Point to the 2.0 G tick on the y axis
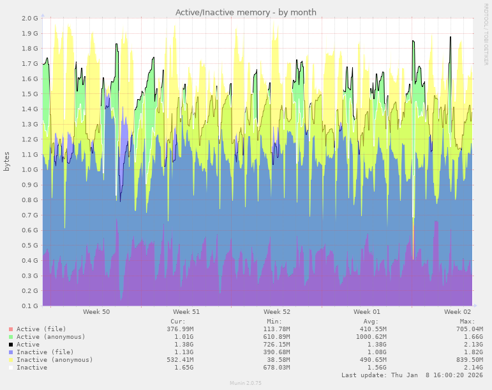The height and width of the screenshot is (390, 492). [x=30, y=18]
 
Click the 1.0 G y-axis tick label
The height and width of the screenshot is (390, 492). [x=30, y=169]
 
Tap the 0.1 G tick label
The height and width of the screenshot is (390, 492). [x=30, y=306]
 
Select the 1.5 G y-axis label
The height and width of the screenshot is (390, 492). [x=30, y=94]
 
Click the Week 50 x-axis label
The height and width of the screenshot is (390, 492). [x=96, y=312]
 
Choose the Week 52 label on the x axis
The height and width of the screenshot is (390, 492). [x=277, y=312]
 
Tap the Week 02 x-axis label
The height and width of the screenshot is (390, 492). [x=458, y=312]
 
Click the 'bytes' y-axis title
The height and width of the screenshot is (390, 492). [x=7, y=161]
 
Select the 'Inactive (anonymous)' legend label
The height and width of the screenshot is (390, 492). [x=54, y=360]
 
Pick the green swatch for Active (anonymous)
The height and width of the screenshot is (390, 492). [x=11, y=337]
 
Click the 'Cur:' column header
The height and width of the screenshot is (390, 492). [x=178, y=322]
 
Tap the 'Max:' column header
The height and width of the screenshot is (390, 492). [x=467, y=322]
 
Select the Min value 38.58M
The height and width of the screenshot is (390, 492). [x=276, y=360]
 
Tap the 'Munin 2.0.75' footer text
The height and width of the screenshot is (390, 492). [x=246, y=383]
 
